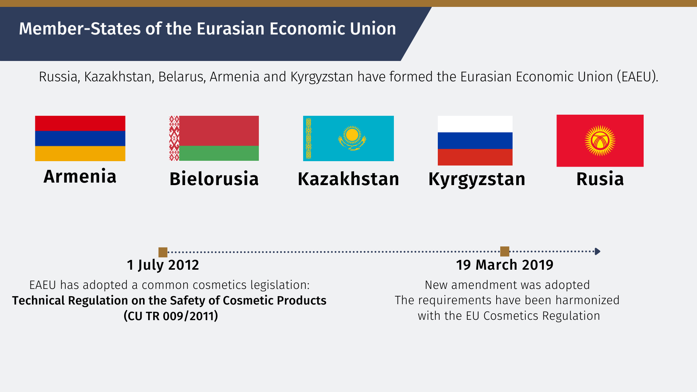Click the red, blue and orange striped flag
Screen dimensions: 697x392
pyautogui.click(x=80, y=138)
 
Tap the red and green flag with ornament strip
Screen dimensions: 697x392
pyautogui.click(x=214, y=138)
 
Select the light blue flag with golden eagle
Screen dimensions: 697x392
pyautogui.click(x=348, y=138)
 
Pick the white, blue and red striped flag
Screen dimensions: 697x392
pyautogui.click(x=475, y=140)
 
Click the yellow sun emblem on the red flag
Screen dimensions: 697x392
pyautogui.click(x=600, y=141)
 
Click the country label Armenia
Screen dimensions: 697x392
pyautogui.click(x=80, y=176)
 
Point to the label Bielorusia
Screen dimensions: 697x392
pyautogui.click(x=214, y=179)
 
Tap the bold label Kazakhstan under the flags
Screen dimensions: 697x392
pyautogui.click(x=348, y=179)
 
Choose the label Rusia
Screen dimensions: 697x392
pyautogui.click(x=600, y=179)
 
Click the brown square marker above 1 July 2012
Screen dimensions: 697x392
pyautogui.click(x=163, y=252)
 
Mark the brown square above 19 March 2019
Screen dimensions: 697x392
pyautogui.click(x=505, y=251)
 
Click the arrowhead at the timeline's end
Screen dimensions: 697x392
pyautogui.click(x=598, y=251)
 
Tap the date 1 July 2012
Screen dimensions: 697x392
pyautogui.click(x=163, y=265)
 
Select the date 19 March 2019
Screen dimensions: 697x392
pyautogui.click(x=505, y=265)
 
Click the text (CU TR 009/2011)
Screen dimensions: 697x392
pyautogui.click(x=171, y=316)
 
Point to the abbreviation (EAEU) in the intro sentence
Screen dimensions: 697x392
pyautogui.click(x=637, y=77)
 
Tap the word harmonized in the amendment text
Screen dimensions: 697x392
pyautogui.click(x=587, y=300)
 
